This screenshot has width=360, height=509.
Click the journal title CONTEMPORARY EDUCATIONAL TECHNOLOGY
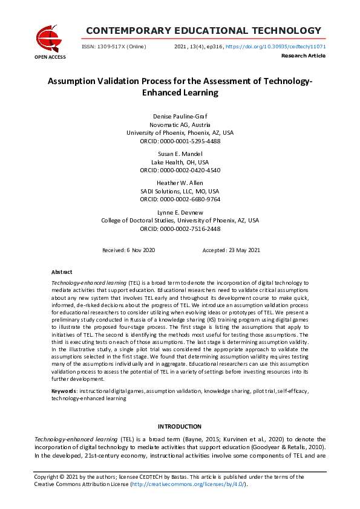click(x=203, y=31)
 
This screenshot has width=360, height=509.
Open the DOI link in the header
click(x=276, y=47)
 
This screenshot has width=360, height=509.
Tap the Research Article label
click(x=304, y=56)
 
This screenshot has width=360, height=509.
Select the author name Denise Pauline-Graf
click(x=180, y=115)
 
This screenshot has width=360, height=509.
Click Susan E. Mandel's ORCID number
click(x=180, y=170)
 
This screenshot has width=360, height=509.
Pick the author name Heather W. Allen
click(x=180, y=183)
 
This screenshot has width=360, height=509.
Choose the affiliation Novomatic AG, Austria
click(x=180, y=124)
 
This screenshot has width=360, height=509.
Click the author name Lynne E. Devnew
click(x=180, y=212)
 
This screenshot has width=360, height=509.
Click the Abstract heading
click(x=62, y=273)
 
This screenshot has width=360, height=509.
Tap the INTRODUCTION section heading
click(x=180, y=427)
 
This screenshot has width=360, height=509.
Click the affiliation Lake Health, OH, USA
click(x=180, y=162)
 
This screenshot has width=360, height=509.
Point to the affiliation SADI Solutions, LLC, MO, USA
click(x=180, y=191)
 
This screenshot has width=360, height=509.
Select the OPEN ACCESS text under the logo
click(x=50, y=57)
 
